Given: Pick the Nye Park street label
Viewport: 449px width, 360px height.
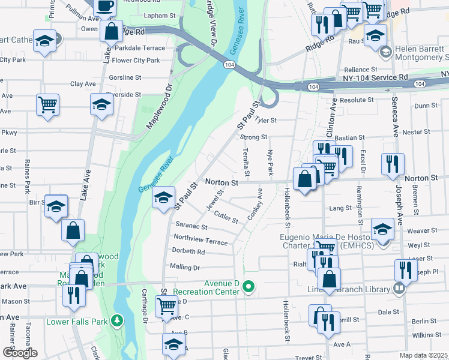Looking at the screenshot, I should point(271,163).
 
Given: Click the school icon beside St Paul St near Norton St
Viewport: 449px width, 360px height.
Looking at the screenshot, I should point(163,197).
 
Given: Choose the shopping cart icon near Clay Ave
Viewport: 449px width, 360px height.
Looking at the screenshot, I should point(47,104).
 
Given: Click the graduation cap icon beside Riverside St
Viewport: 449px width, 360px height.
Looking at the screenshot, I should point(102,104).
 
